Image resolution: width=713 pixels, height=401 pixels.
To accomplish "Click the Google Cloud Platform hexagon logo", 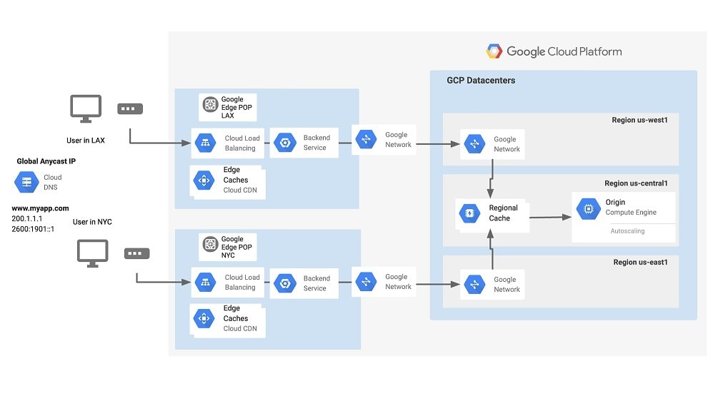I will tap(494, 51).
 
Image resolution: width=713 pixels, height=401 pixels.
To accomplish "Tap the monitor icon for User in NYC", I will tap(92, 253).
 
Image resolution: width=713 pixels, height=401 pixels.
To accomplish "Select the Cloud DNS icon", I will tap(27, 182).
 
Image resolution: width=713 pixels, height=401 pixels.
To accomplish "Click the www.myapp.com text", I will tap(40, 208).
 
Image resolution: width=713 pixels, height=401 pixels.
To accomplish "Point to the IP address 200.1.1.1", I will tap(26, 219).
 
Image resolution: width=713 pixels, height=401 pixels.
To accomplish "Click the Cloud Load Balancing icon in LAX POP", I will tap(205, 143).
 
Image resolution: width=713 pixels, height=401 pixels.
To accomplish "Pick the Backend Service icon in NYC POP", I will tap(284, 283).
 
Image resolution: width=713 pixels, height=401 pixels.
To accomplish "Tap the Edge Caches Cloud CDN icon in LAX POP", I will tap(204, 181).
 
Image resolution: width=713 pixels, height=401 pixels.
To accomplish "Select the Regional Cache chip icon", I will tap(469, 213).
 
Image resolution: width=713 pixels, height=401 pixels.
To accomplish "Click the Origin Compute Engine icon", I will tap(587, 208).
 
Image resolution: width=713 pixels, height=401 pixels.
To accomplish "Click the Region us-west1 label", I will tap(639, 120).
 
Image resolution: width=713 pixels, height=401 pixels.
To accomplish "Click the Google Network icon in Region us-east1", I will tap(474, 285).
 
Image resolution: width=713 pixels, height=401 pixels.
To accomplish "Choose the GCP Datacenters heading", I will tap(481, 81).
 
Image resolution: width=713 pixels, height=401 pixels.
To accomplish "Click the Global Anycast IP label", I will tap(46, 162).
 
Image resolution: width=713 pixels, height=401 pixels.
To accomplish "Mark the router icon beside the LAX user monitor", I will tap(130, 109).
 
